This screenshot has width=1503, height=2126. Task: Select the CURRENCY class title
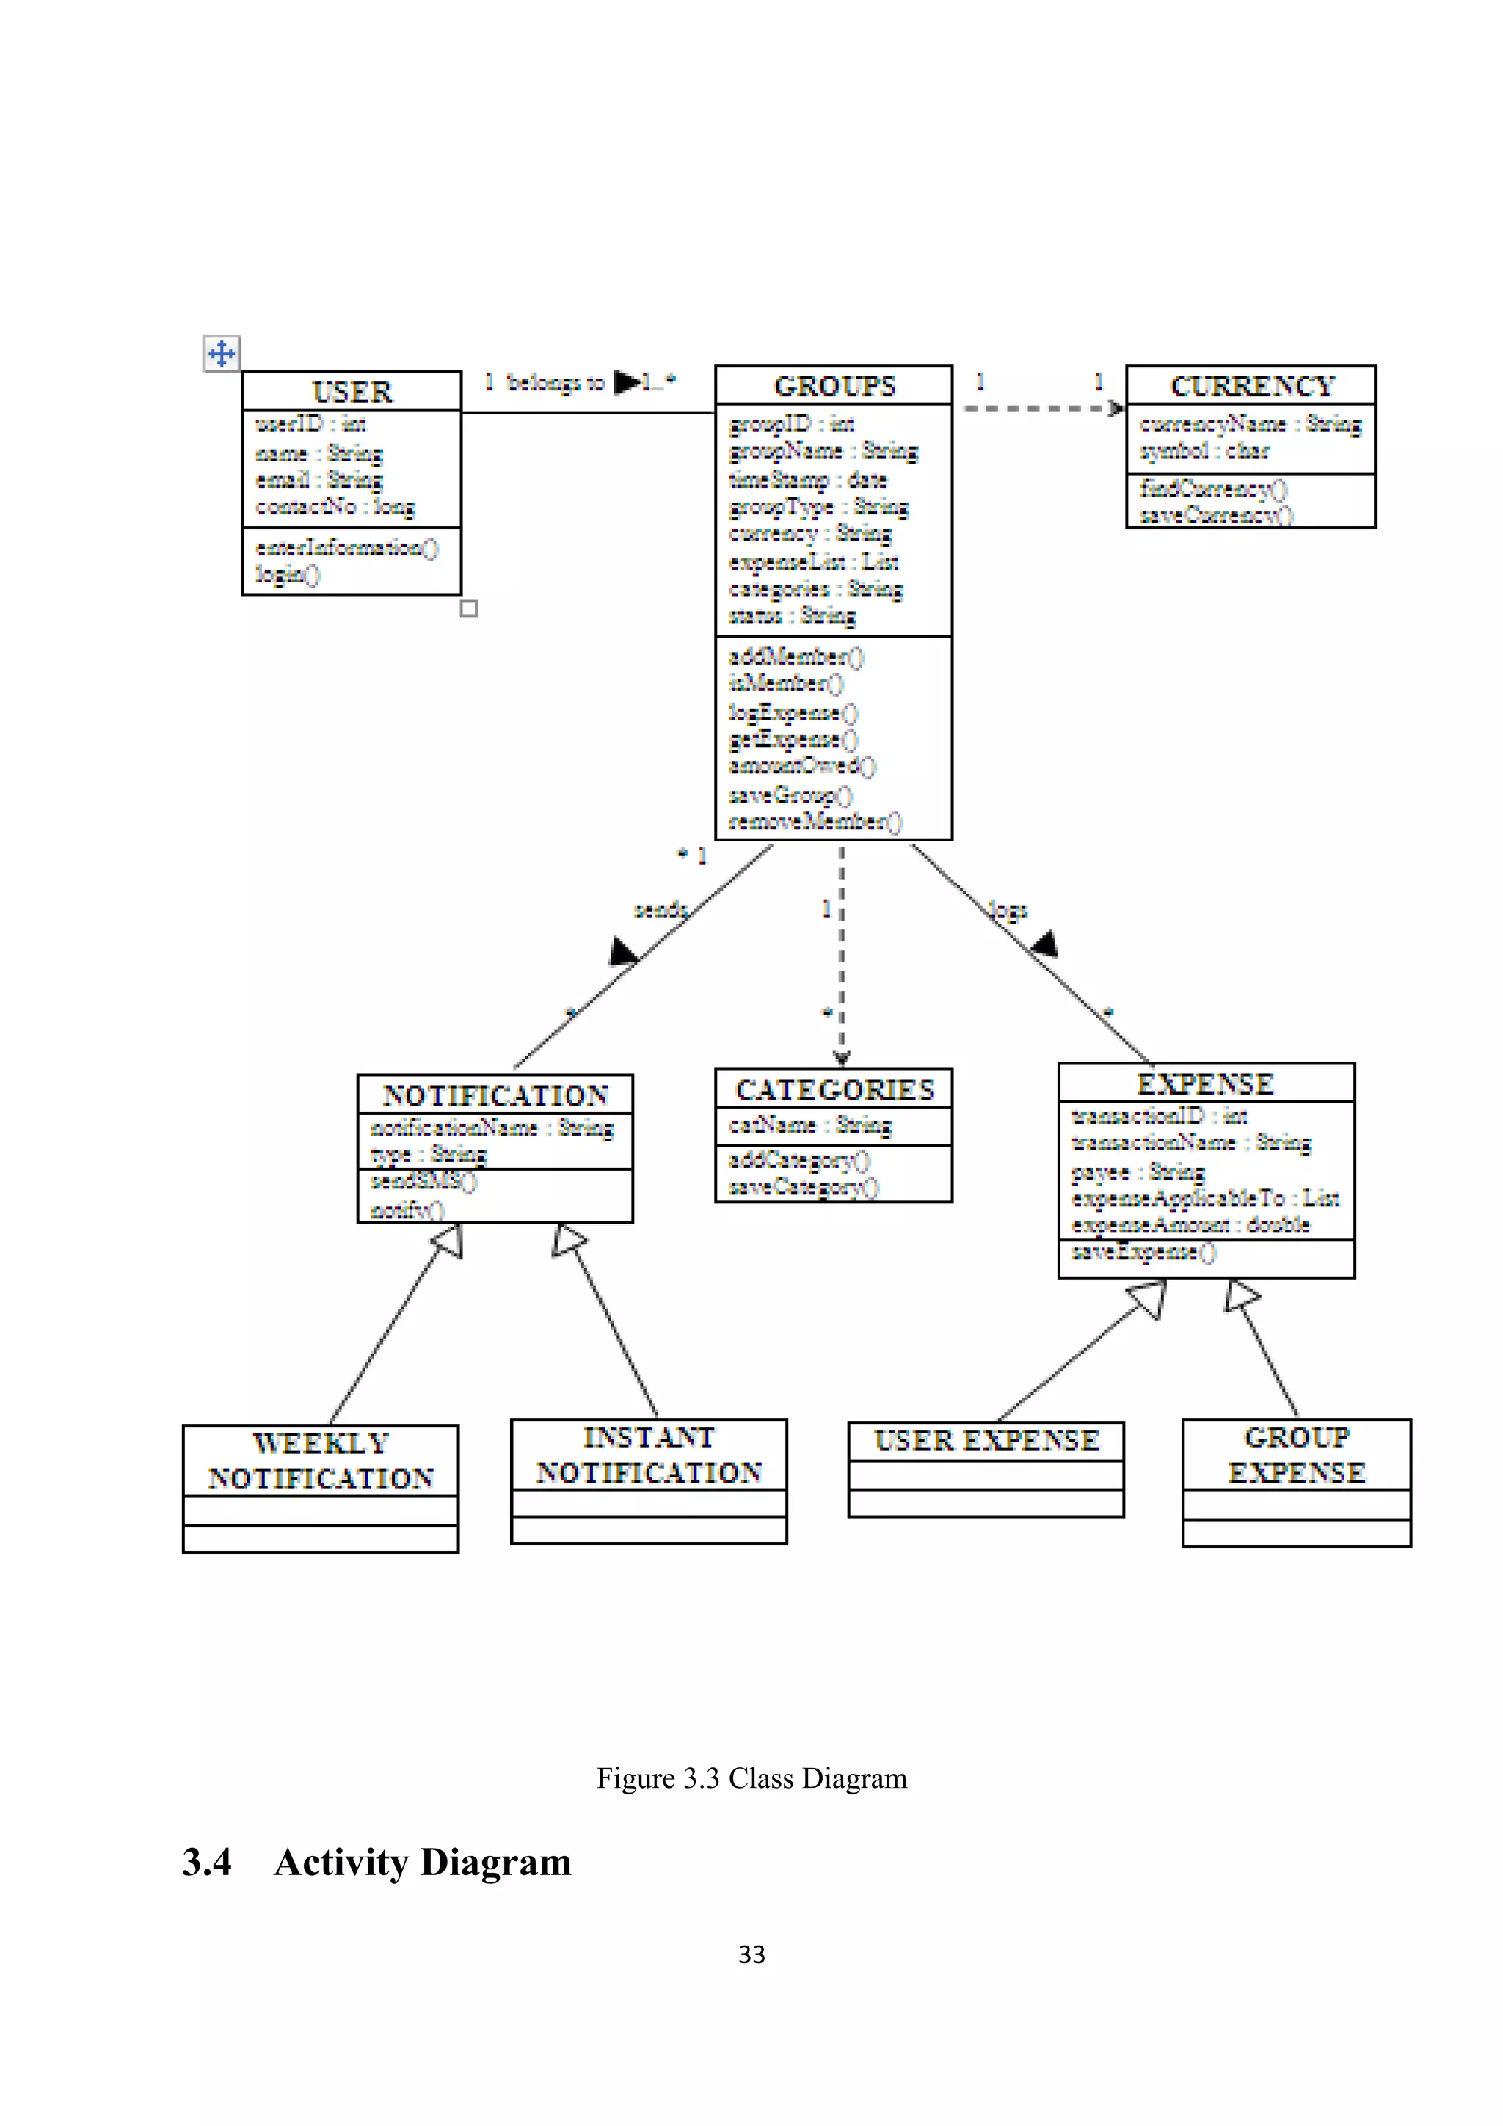click(x=1251, y=385)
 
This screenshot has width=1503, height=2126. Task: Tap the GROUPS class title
click(x=834, y=385)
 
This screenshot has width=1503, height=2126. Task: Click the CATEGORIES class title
click(x=834, y=1090)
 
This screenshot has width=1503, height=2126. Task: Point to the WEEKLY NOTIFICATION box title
click(x=321, y=1460)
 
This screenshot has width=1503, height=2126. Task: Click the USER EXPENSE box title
click(x=986, y=1441)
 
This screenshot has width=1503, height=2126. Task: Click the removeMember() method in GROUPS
click(x=814, y=822)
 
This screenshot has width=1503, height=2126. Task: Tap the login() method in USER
click(x=287, y=574)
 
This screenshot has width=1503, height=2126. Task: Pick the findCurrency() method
click(x=1213, y=488)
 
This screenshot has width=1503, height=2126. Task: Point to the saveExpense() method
click(x=1143, y=1252)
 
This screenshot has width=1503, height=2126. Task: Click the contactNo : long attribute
click(x=335, y=506)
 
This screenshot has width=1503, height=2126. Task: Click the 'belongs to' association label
click(x=556, y=382)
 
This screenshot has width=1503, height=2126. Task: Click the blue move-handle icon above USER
click(x=222, y=353)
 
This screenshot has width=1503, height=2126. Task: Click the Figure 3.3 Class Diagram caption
click(x=751, y=1778)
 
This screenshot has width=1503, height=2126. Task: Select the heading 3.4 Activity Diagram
click(x=377, y=1862)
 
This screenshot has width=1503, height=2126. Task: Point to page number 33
click(x=751, y=1954)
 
